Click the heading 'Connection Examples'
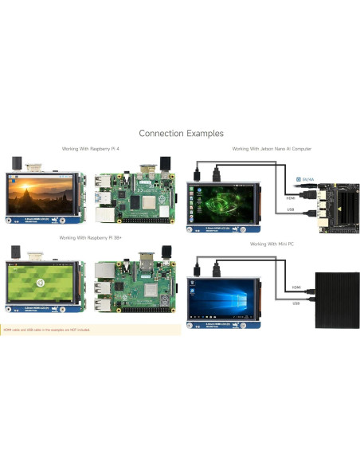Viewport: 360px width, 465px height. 181,133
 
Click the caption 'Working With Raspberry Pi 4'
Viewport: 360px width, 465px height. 91,149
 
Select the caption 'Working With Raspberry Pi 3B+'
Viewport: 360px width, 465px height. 89,237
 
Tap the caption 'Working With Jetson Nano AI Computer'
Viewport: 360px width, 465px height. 272,149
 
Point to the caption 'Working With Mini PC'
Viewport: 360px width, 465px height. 272,244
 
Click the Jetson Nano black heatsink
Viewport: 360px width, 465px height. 330,196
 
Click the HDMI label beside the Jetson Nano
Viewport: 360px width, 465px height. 292,197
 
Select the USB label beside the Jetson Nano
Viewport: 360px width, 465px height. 292,210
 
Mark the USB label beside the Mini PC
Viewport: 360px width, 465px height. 295,303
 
